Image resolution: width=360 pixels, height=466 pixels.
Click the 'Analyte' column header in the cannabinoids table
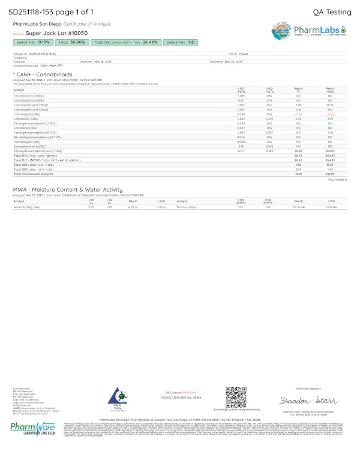click(19, 90)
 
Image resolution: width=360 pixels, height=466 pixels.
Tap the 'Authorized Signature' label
click(301, 387)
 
